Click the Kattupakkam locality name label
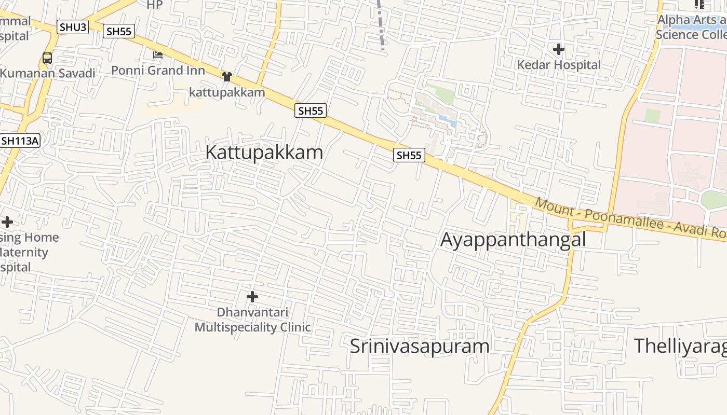[x=264, y=153]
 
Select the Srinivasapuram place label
[x=420, y=346]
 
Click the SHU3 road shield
[x=73, y=27]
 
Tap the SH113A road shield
[x=20, y=141]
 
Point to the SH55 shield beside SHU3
[x=119, y=31]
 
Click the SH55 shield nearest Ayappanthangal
[x=409, y=155]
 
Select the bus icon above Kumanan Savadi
[x=47, y=58]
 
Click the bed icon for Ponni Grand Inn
[x=158, y=54]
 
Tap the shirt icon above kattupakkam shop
[x=226, y=77]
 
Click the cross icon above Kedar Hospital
[x=559, y=50]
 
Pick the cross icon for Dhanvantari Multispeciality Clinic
[x=252, y=297]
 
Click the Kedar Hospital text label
[x=559, y=65]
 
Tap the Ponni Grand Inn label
[x=158, y=71]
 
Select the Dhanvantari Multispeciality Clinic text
[x=252, y=320]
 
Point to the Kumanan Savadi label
[x=48, y=73]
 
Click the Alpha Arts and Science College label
[x=691, y=27]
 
